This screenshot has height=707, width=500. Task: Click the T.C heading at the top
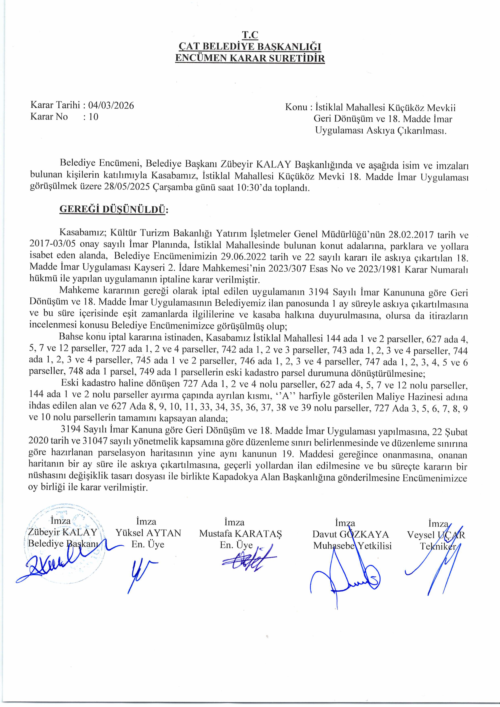point(250,35)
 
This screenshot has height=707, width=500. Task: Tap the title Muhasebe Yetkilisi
point(352,546)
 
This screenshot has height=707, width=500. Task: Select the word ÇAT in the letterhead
point(189,47)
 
